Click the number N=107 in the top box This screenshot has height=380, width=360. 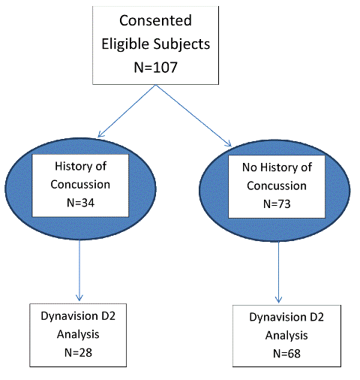tap(155, 67)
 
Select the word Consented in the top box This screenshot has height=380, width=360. tap(155, 20)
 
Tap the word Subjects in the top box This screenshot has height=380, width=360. tap(181, 44)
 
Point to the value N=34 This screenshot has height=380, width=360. tap(80, 203)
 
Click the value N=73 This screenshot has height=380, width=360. tap(277, 204)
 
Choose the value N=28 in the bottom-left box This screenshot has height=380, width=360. tap(78, 352)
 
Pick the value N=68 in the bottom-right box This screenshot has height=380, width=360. tap(286, 354)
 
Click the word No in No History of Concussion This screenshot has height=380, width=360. tap(250, 167)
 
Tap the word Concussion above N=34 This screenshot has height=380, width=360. tap(80, 185)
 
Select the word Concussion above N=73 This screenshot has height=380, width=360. tap(277, 185)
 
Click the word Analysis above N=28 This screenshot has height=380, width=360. tap(78, 335)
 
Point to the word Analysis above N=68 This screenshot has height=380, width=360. tap(286, 336)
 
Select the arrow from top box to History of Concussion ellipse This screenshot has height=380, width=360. tap(127, 111)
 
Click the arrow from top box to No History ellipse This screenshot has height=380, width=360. tap(193, 116)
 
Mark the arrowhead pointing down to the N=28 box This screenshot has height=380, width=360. tap(79, 297)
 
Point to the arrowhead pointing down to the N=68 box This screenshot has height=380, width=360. tap(278, 299)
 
